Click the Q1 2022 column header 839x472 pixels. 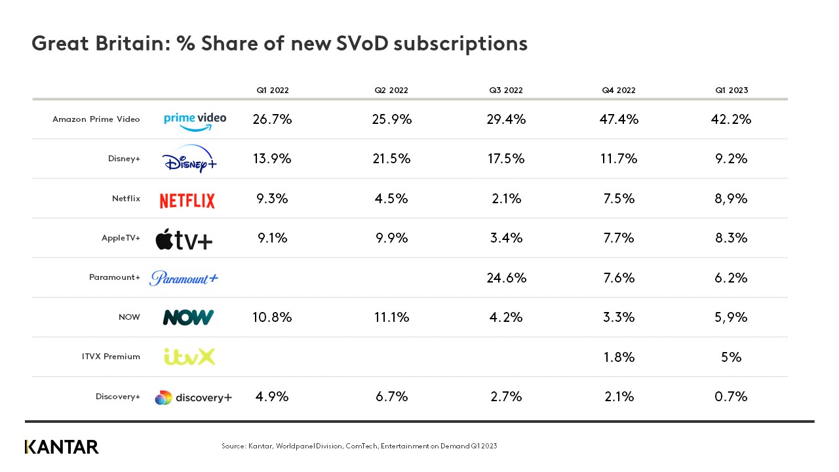(272, 90)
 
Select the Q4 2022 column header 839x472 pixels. (619, 90)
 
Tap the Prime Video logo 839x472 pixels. (195, 121)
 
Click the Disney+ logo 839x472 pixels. (189, 159)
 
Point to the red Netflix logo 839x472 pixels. (187, 201)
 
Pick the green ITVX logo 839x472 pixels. (189, 357)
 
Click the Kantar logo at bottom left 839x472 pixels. (62, 447)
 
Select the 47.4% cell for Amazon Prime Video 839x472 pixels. (619, 119)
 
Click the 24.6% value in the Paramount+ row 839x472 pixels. (507, 277)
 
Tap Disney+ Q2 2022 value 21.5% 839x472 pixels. (392, 159)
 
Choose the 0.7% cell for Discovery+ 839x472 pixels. (732, 396)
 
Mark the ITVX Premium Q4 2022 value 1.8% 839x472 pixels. (619, 357)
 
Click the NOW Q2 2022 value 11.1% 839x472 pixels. (392, 317)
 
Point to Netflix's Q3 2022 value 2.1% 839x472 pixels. (505, 199)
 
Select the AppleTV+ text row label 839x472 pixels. (121, 238)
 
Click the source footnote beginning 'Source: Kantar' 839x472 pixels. (359, 446)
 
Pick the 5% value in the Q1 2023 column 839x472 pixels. (732, 357)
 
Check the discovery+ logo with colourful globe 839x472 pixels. (193, 397)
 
